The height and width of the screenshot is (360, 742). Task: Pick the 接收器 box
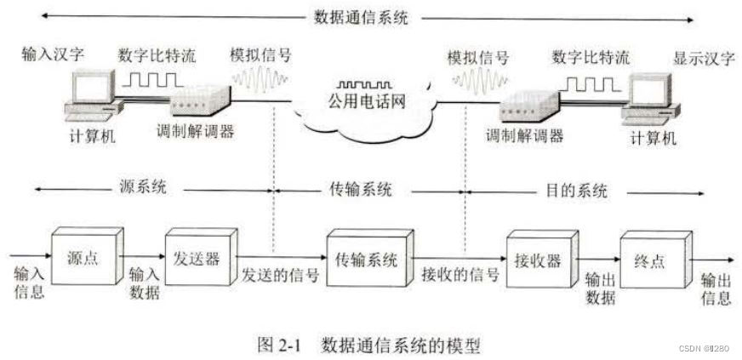click(x=537, y=260)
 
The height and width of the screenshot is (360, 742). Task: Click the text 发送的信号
click(x=280, y=275)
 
